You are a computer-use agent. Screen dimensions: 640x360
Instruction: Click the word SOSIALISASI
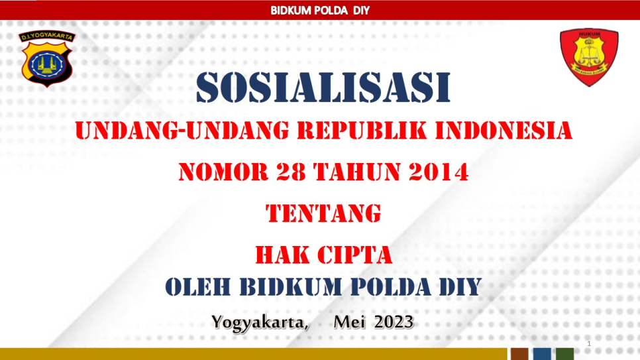pos(323,88)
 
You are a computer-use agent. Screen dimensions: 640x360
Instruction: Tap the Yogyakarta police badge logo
pos(47,58)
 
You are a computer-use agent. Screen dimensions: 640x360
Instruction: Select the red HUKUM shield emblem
pos(589,57)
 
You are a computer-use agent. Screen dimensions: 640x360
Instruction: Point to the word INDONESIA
pos(504,131)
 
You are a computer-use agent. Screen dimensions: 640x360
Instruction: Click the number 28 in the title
pos(291,172)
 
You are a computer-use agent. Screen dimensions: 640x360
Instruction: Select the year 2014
pos(439,172)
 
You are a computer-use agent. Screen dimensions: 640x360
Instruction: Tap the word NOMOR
pos(223,172)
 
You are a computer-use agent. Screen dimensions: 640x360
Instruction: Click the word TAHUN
pos(357,172)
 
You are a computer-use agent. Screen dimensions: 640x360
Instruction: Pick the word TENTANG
pos(323,213)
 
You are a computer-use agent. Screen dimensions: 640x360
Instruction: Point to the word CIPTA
pos(354,255)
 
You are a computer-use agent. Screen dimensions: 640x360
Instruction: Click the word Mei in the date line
pos(349,322)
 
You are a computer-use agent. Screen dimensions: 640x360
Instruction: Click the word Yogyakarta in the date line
pos(260,323)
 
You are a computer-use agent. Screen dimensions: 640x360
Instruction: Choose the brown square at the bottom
pos(519,354)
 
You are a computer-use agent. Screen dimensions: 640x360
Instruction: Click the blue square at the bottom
pos(542,354)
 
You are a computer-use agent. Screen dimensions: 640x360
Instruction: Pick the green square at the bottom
pos(565,354)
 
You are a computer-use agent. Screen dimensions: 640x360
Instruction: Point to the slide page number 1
pos(589,343)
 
